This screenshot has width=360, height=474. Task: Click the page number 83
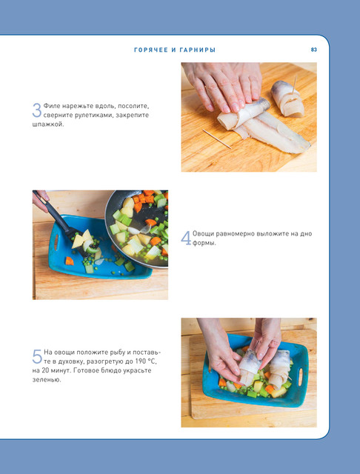click(x=314, y=50)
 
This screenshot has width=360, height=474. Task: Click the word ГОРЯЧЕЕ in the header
click(x=151, y=50)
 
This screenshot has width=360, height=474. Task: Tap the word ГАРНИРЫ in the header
click(x=198, y=50)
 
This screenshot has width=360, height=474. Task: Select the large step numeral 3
click(x=36, y=110)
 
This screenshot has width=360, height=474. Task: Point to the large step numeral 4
click(x=186, y=238)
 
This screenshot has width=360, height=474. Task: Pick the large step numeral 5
click(x=37, y=357)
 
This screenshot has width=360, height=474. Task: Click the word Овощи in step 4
click(x=203, y=234)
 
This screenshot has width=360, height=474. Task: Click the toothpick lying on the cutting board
click(x=217, y=138)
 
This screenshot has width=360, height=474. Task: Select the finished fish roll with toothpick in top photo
click(x=287, y=99)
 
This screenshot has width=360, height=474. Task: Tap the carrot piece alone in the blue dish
click(x=70, y=261)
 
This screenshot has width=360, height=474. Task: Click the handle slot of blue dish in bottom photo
click(x=300, y=376)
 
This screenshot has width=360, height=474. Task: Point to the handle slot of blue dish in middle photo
click(x=56, y=242)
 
